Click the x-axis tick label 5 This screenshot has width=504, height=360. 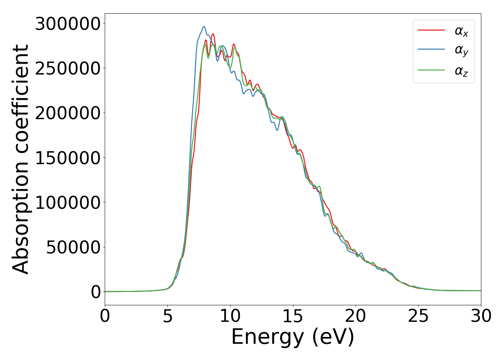(x=168, y=316)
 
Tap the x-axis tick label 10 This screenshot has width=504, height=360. (x=230, y=316)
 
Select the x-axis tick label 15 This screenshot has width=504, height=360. (x=293, y=316)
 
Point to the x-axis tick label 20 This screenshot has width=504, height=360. (x=356, y=316)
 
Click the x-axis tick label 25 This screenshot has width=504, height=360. (x=418, y=316)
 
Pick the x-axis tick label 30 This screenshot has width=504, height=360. (x=481, y=316)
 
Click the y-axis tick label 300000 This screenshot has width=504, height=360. (x=68, y=24)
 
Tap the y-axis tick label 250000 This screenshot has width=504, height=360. (x=68, y=68)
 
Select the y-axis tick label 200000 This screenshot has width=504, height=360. (x=68, y=113)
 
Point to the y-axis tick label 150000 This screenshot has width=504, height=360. (x=68, y=158)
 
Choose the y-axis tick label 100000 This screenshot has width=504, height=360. (x=68, y=203)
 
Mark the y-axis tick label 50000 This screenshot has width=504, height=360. (x=73, y=247)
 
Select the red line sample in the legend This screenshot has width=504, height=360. (x=431, y=30)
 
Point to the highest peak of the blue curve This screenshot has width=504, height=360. (x=204, y=26)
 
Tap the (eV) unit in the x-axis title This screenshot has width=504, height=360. (x=333, y=338)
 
